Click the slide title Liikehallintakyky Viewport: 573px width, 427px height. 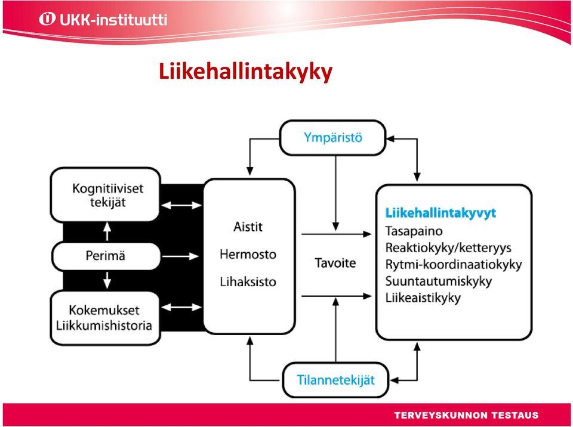point(245,72)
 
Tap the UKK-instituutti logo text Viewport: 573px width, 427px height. point(113,19)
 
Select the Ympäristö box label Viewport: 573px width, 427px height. point(333,137)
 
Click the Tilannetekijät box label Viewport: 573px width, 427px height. point(335,380)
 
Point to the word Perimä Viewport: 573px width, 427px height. point(105,255)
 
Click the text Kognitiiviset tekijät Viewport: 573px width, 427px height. point(108,195)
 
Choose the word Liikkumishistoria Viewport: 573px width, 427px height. point(104,326)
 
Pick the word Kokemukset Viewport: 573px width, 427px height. point(104,310)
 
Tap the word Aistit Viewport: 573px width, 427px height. point(248,227)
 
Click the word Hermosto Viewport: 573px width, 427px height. point(248,254)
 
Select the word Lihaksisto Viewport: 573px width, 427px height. point(248,281)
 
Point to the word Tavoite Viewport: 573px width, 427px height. point(335,263)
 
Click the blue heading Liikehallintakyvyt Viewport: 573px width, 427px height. point(440,212)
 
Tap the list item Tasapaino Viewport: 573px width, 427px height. point(414,231)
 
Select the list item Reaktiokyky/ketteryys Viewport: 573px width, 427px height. point(448,247)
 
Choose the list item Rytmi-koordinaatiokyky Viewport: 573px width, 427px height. point(454,264)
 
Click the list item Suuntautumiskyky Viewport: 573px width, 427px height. point(439,281)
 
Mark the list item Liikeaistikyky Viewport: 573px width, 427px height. point(423,298)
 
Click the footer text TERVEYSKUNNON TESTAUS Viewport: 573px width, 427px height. point(466,415)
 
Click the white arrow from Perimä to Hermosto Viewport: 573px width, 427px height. point(180,256)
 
